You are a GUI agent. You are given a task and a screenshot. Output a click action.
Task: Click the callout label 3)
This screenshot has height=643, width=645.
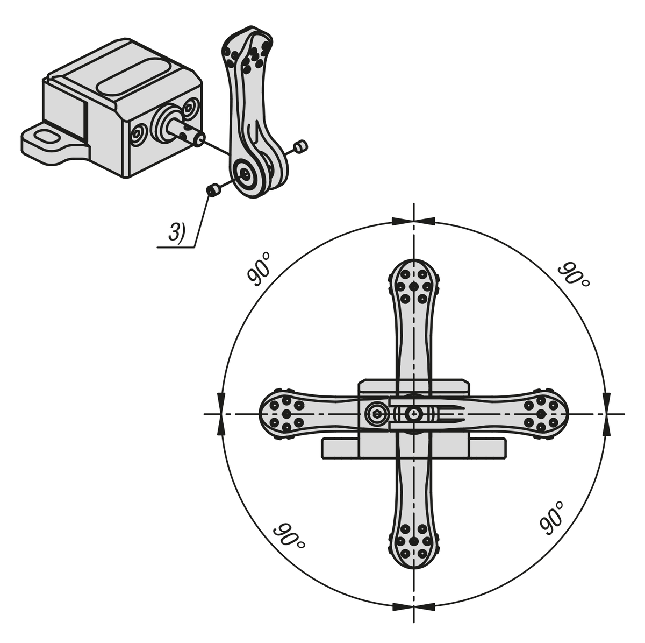click(176, 232)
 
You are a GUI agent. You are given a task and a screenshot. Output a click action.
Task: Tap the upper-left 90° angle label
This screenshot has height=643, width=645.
click(259, 269)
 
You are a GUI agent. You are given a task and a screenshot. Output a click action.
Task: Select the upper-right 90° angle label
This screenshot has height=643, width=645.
click(574, 274)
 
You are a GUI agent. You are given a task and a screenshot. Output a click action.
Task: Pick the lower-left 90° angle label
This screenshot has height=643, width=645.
click(289, 536)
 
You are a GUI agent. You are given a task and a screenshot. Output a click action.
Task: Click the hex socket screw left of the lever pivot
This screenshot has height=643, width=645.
click(376, 414)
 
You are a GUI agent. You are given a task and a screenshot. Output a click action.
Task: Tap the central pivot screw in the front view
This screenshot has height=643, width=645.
click(414, 414)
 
